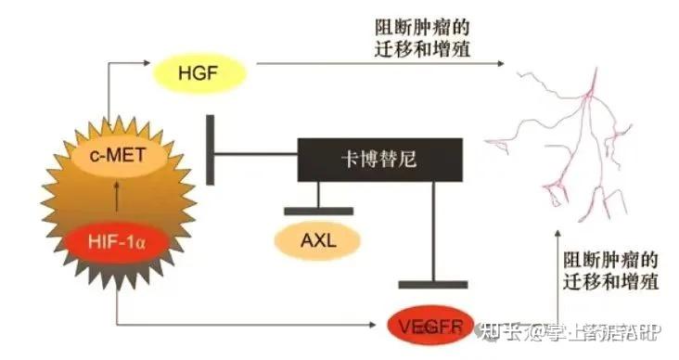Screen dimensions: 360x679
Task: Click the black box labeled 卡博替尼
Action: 380,160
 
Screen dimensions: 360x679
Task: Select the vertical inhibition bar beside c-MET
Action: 211,149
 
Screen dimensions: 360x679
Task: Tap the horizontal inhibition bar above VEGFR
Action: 433,282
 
